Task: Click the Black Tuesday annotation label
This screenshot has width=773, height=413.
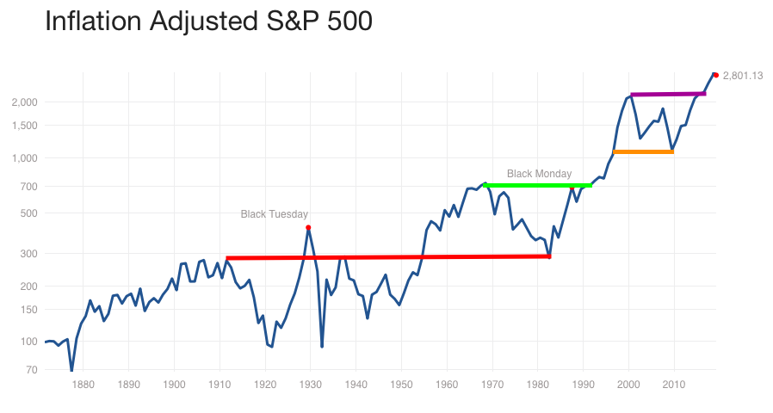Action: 274,214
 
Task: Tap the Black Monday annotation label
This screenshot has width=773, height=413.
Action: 539,174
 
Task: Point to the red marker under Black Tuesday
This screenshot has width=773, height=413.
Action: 308,227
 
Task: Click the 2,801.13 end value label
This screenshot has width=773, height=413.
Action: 743,76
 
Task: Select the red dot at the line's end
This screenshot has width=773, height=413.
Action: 716,75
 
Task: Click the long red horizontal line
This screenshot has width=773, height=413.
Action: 387,257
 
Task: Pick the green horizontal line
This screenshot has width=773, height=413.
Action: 538,185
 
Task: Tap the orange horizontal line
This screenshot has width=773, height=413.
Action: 643,152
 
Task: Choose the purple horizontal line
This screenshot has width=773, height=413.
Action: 668,94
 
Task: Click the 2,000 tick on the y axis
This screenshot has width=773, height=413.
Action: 24,102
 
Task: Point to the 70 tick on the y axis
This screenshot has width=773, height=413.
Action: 31,370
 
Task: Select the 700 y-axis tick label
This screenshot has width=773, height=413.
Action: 28,186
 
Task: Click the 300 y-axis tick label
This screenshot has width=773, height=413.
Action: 28,253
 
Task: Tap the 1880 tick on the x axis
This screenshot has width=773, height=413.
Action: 83,385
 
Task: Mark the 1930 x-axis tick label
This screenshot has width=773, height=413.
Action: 311,385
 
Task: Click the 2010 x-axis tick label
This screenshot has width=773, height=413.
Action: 674,385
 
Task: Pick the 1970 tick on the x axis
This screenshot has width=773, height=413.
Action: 492,385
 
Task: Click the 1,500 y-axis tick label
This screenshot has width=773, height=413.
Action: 24,126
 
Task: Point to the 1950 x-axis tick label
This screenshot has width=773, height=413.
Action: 401,385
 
